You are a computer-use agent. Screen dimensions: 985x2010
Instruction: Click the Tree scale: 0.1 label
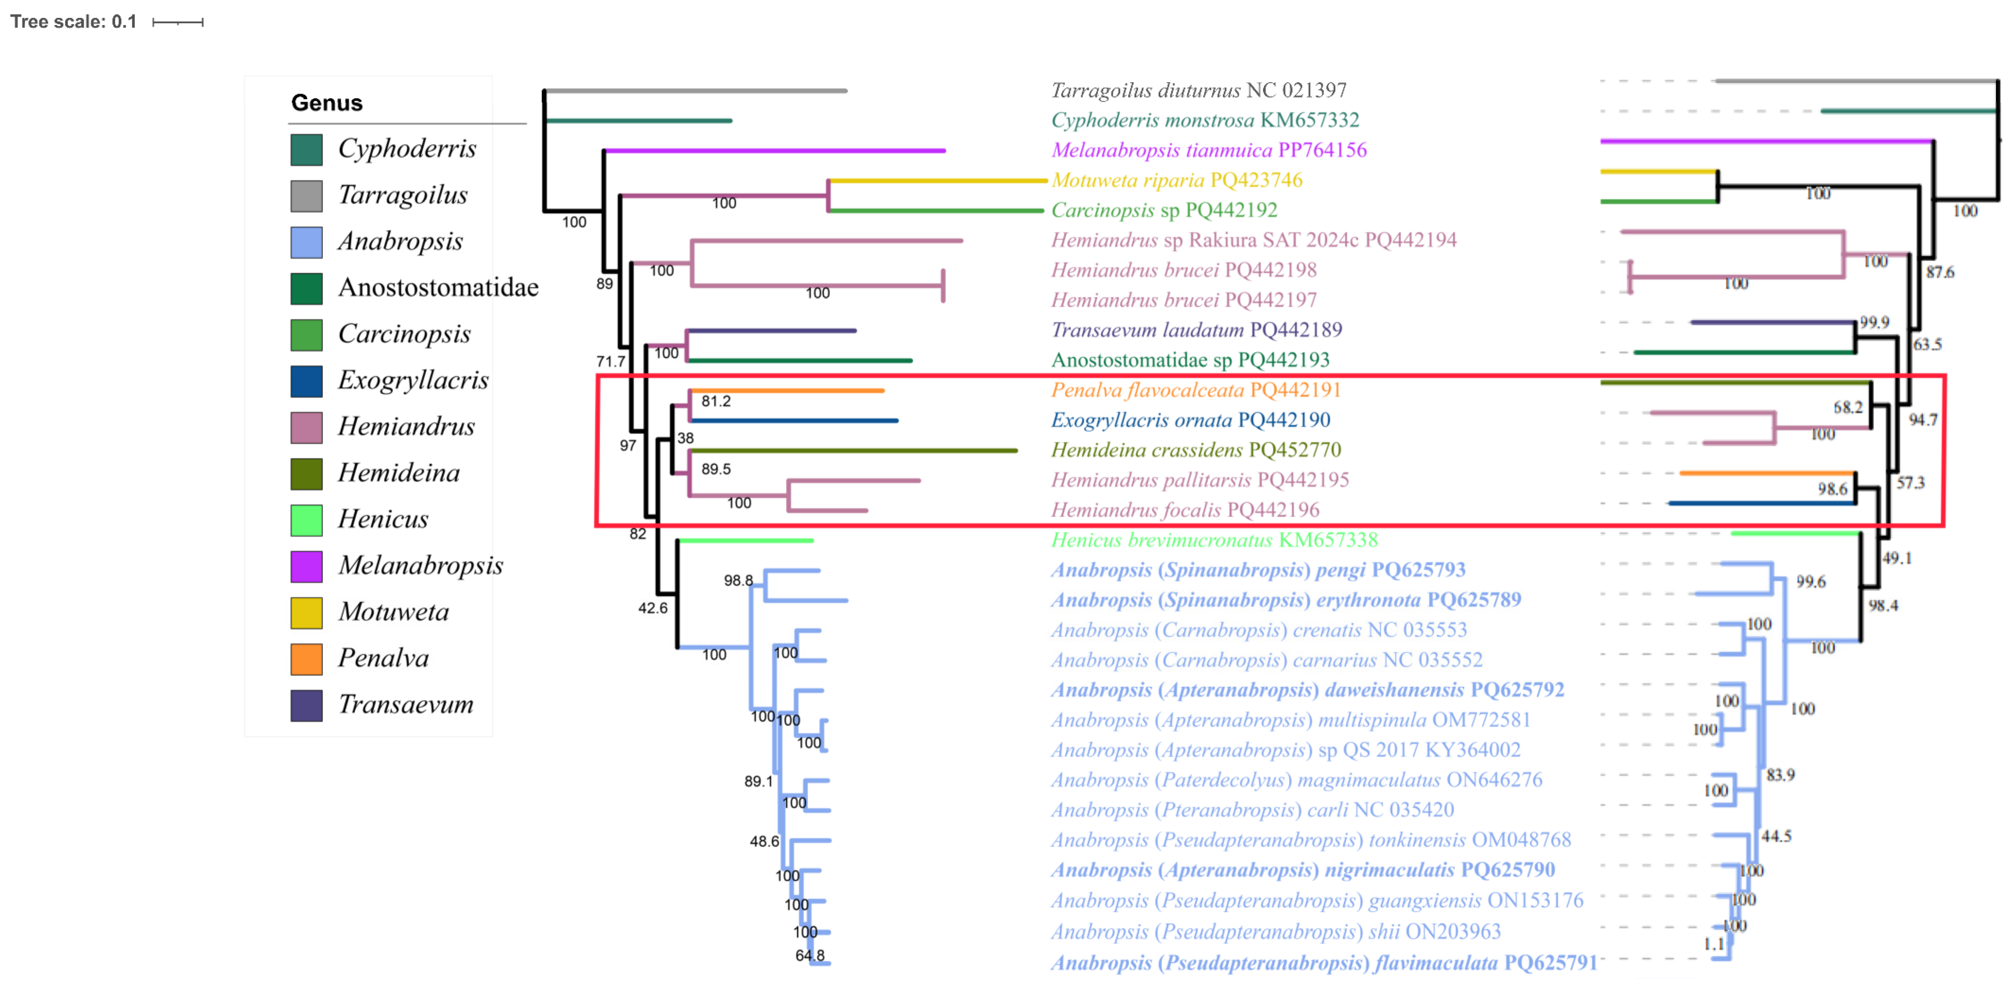point(73,22)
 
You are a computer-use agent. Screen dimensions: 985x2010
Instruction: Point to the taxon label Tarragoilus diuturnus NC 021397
point(1198,91)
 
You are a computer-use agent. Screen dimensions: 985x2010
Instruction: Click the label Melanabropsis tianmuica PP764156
point(1208,150)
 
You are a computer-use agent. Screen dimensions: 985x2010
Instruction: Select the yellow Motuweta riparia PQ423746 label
point(1176,180)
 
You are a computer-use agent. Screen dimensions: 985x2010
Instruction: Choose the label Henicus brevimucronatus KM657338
point(1213,540)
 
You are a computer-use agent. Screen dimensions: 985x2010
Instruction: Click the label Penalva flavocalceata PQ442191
point(1195,390)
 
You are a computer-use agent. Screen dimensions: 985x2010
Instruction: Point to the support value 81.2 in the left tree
point(715,402)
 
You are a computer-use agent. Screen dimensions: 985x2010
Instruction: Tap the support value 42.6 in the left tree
point(653,608)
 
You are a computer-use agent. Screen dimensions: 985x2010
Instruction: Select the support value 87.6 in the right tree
point(1940,272)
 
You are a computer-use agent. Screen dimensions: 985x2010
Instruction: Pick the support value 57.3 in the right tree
point(1911,483)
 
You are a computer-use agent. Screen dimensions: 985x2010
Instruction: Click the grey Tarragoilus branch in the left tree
point(695,91)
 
